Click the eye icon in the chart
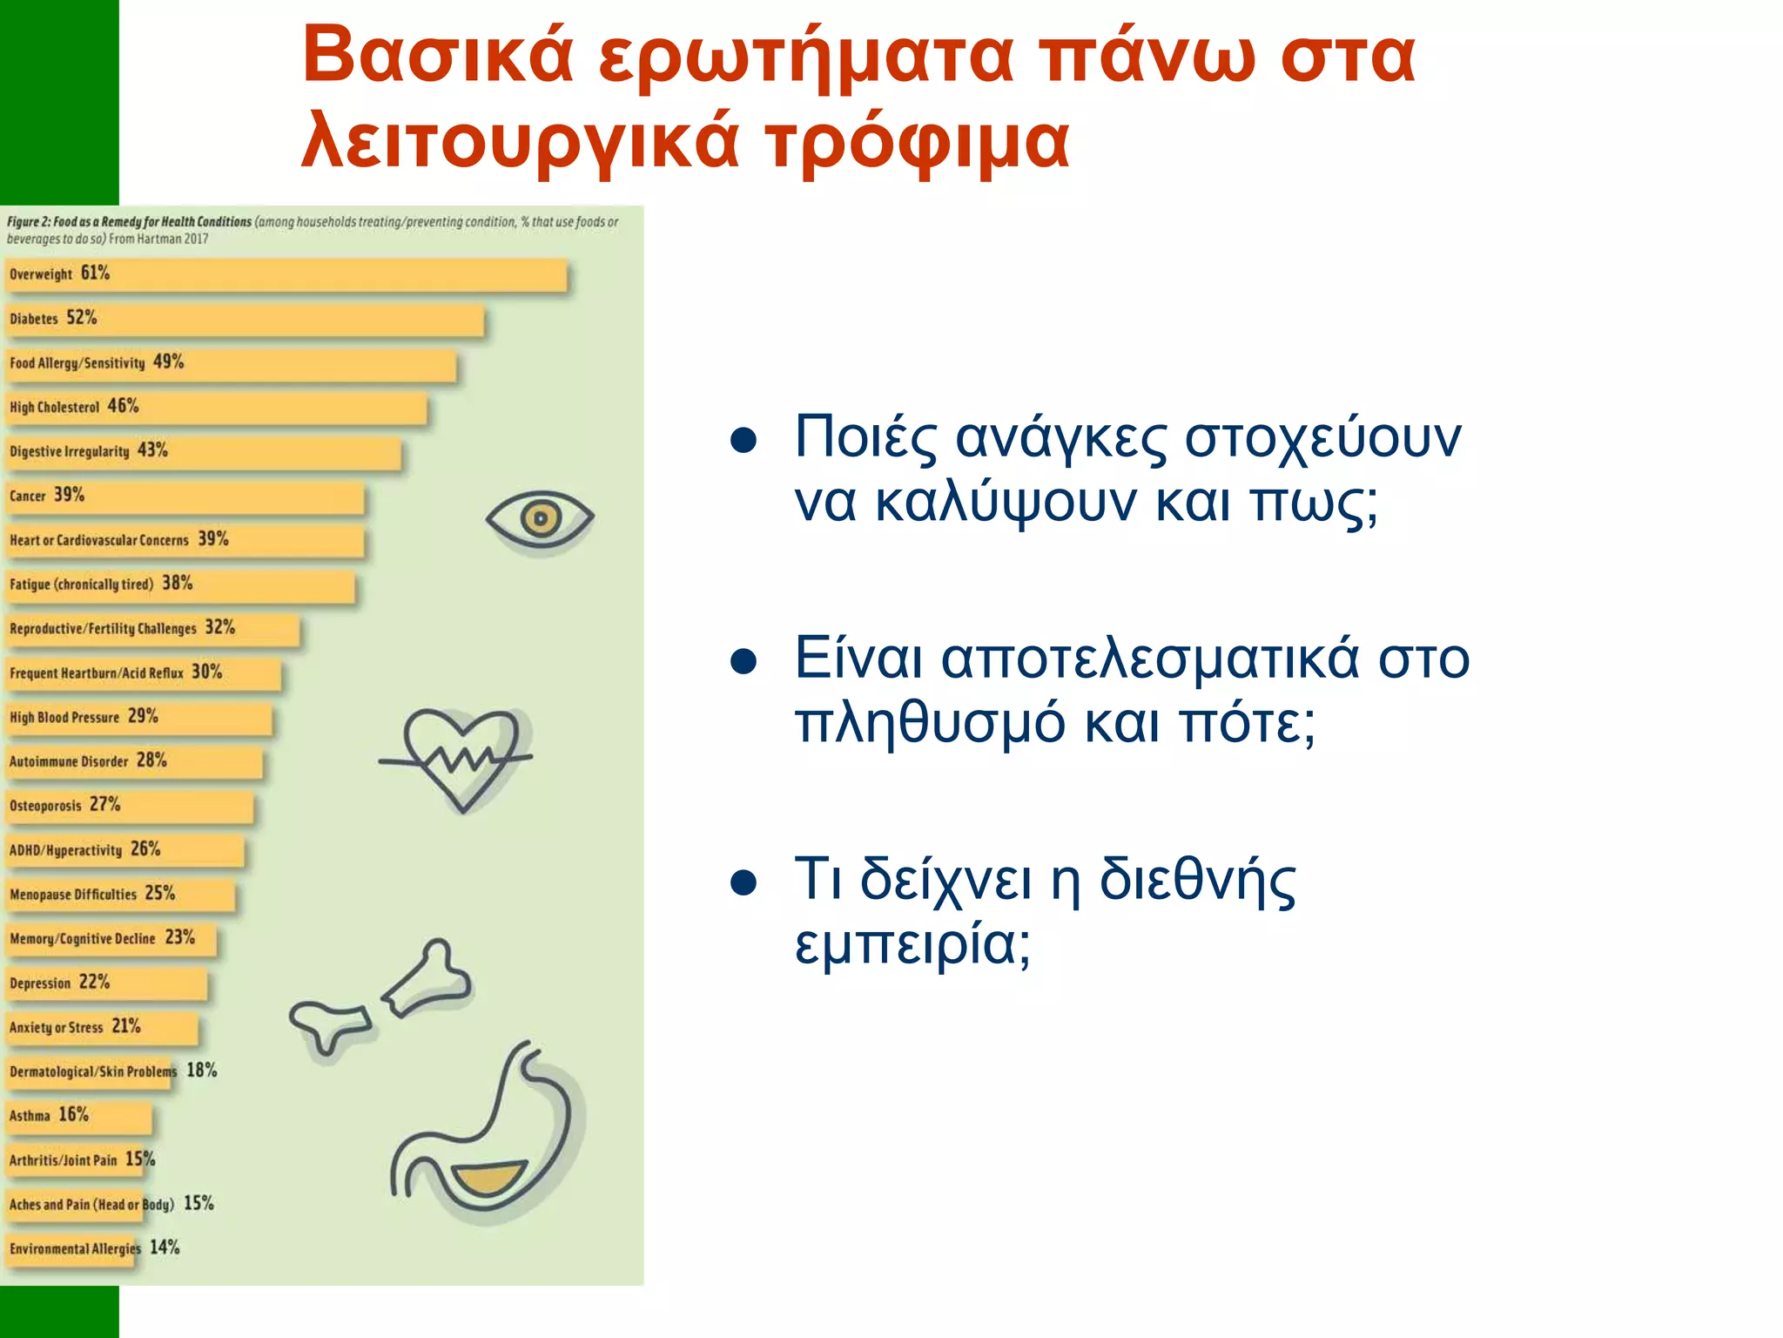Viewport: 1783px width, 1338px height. [540, 519]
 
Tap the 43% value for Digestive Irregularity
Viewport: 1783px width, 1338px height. [152, 450]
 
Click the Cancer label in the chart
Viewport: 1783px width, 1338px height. [28, 497]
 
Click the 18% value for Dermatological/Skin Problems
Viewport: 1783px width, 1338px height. [202, 1071]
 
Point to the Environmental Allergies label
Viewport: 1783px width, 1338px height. [75, 1249]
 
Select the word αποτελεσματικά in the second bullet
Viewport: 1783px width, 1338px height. [1149, 659]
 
